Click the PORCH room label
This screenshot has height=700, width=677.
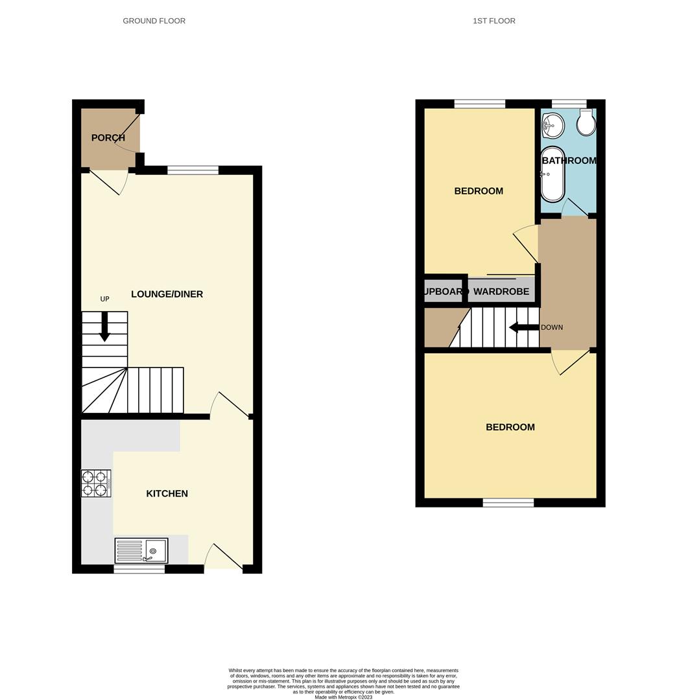108,138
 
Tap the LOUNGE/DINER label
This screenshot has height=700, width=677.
167,294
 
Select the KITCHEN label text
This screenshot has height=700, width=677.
167,494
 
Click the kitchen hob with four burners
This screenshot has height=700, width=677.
95,484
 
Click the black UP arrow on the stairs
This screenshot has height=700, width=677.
104,327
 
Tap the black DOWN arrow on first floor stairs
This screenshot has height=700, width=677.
523,327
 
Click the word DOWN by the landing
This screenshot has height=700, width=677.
552,327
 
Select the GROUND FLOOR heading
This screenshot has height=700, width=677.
154,21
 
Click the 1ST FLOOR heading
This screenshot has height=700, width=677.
494,21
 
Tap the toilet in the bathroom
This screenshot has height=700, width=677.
586,122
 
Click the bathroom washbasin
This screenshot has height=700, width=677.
553,124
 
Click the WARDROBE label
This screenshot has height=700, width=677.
501,292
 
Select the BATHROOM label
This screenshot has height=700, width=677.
569,161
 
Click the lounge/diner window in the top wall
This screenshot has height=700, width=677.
193,170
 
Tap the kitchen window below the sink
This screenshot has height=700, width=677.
139,569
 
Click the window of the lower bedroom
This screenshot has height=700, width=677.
508,502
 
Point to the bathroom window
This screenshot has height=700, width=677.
569,104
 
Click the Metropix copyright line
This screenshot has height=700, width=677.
344,697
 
